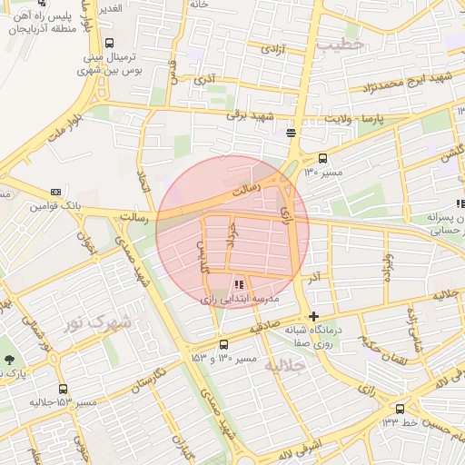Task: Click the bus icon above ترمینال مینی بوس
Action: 110,43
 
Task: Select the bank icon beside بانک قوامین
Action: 57,193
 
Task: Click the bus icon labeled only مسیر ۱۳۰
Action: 323,159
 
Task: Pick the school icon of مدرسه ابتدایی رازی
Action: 239,284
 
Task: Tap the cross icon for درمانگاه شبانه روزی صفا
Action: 314,317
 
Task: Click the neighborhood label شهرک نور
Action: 98,322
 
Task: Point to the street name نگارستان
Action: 147,380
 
